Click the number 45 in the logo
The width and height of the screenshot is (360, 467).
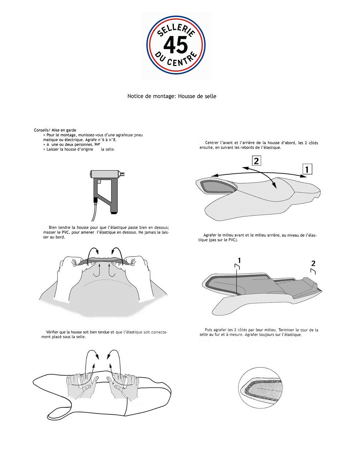(175, 45)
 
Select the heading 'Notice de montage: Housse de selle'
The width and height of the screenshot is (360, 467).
(172, 96)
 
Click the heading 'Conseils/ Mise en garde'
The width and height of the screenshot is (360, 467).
(55, 130)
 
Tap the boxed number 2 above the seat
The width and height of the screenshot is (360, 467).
(256, 161)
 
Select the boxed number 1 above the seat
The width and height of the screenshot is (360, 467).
(307, 169)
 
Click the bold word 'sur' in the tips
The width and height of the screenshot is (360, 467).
(97, 144)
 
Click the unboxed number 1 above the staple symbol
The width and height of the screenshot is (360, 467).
(239, 260)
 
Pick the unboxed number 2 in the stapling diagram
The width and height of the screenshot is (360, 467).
(313, 263)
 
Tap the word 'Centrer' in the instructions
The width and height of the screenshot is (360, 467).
(212, 143)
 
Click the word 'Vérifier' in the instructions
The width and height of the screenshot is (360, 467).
(53, 332)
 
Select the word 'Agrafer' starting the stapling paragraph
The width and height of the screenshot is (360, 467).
(210, 235)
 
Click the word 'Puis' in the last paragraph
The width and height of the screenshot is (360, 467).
(208, 330)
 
